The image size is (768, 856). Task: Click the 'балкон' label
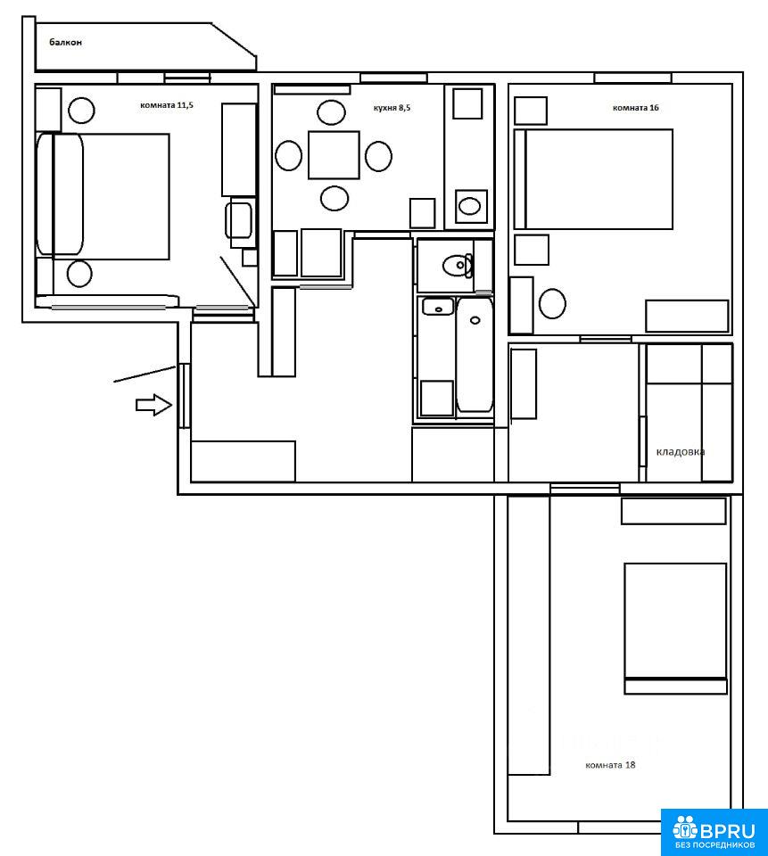(x=65, y=42)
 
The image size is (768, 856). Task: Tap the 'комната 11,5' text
(x=167, y=105)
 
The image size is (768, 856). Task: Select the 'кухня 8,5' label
(x=392, y=108)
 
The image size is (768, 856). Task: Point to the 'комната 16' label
(x=635, y=108)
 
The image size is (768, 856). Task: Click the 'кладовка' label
(x=680, y=451)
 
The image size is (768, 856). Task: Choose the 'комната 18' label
(x=610, y=765)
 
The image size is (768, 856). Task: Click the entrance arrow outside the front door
(x=154, y=405)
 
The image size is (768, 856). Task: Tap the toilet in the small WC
(x=458, y=266)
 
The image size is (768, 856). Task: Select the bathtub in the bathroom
(x=475, y=354)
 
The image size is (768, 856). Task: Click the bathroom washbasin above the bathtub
(x=438, y=307)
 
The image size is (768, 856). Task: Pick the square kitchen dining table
(x=334, y=155)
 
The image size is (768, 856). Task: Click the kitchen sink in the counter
(x=470, y=206)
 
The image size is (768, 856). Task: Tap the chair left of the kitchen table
(x=288, y=155)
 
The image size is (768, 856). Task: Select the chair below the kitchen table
(x=334, y=198)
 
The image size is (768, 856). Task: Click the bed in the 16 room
(x=594, y=179)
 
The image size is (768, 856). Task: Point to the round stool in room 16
(x=552, y=303)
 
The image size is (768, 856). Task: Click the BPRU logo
(x=714, y=832)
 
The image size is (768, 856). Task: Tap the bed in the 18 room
(x=676, y=629)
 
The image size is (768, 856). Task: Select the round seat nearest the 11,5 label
(x=81, y=111)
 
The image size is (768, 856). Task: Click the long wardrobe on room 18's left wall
(x=529, y=635)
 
